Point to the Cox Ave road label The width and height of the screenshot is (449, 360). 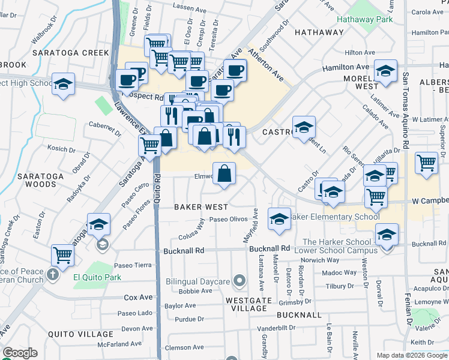click(138, 297)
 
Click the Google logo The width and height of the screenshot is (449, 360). click(20, 353)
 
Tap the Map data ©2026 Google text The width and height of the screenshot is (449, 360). click(411, 355)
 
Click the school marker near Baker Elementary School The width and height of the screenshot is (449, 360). click(279, 220)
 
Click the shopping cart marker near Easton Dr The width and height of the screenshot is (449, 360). click(62, 256)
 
